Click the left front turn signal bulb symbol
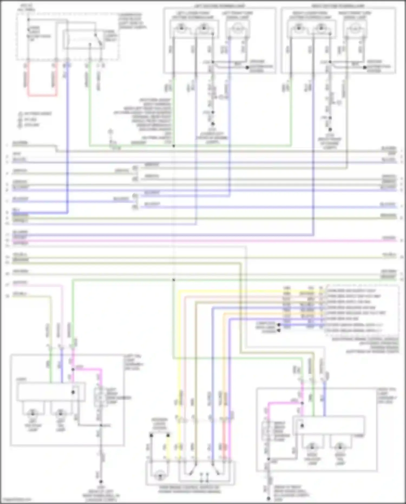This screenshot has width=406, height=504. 238,28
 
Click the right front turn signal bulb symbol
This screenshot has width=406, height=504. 355,28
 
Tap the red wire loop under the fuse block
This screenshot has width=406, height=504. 42,95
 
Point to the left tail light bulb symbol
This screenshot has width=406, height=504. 60,414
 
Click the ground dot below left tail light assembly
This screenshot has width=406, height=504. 100,482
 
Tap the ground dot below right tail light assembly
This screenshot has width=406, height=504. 268,499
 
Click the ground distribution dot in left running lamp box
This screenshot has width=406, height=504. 247,67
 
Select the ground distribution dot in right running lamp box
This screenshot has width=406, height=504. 365,67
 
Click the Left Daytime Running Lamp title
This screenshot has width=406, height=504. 220,6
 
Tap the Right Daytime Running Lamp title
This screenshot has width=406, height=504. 338,6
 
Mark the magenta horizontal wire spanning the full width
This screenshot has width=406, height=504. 203,240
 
